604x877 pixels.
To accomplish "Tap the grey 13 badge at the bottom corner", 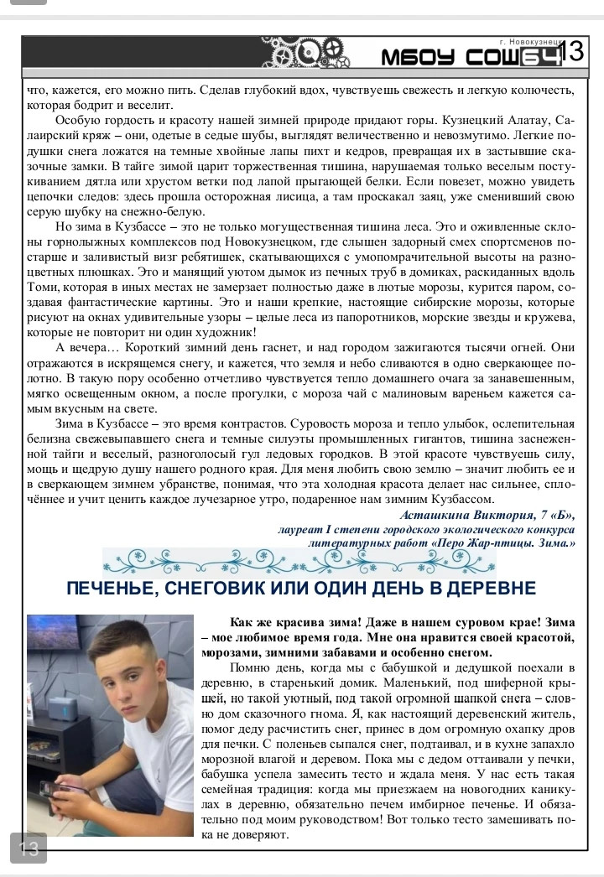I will tap(28, 848).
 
